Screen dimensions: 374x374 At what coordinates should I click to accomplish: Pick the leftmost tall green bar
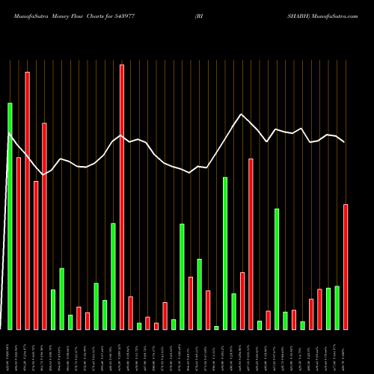[x=10, y=216]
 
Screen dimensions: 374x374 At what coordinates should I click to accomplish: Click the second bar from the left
[x=19, y=243]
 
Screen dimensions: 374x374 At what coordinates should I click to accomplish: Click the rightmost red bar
[x=346, y=266]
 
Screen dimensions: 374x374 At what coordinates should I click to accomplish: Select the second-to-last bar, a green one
[x=337, y=307]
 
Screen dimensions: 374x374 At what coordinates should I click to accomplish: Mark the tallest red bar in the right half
[x=251, y=244]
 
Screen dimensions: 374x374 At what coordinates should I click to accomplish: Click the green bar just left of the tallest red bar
[x=114, y=276]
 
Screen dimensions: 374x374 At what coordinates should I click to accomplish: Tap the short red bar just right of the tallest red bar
[x=130, y=313]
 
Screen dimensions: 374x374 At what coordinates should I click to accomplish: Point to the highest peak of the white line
[x=241, y=114]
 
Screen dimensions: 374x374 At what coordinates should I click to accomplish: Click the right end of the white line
[x=344, y=141]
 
